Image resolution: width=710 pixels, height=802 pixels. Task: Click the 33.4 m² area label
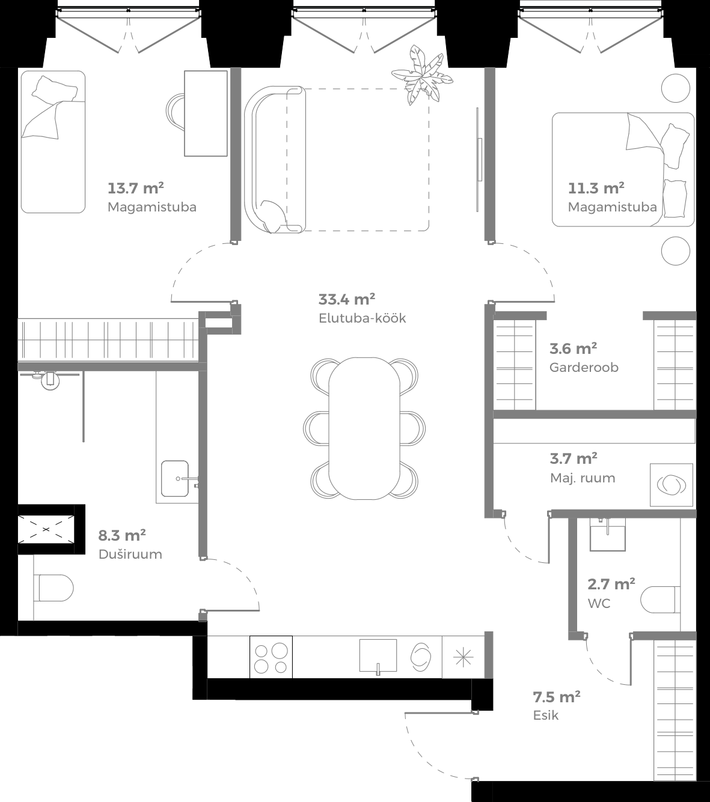[x=347, y=299]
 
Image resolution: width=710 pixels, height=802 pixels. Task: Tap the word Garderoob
[x=584, y=367]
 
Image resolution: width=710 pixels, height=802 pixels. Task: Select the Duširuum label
[x=130, y=554]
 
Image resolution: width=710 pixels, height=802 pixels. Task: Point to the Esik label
[x=546, y=715]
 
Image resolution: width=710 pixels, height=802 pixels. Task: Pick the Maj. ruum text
[x=583, y=478]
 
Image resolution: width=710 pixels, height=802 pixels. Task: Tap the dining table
[x=364, y=428]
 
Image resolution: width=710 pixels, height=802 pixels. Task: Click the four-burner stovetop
[x=271, y=658]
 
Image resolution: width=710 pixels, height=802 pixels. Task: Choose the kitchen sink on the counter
[x=378, y=655]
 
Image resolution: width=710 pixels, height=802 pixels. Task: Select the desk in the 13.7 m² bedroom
[x=206, y=113]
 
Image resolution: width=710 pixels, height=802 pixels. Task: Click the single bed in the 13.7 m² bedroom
[x=52, y=142]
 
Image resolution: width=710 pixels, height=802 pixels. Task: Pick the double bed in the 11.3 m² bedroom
[x=623, y=170]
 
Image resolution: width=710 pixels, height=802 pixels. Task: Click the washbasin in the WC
[x=607, y=534]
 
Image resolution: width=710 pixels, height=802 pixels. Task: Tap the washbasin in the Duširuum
[x=176, y=478]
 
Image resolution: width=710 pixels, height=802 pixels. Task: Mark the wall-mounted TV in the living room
[x=479, y=159]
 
